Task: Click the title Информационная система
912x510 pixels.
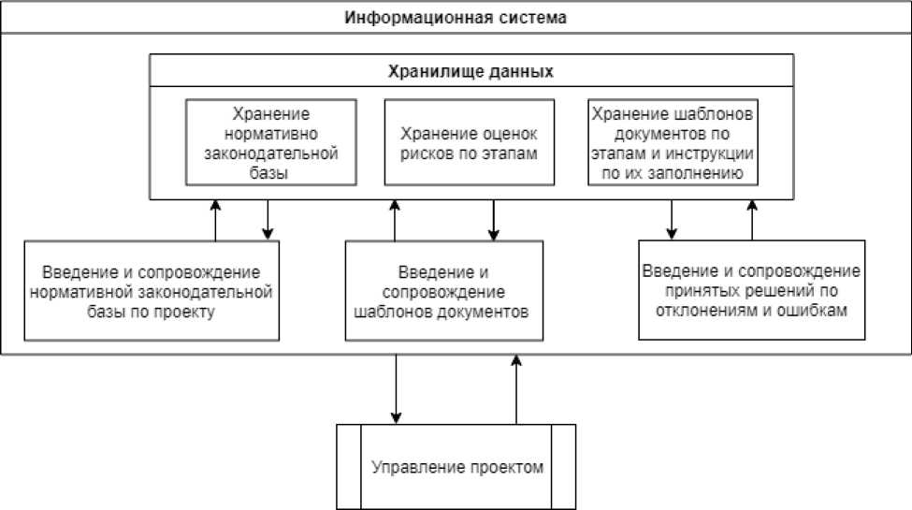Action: point(456,17)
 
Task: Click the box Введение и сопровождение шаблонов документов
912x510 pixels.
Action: point(443,291)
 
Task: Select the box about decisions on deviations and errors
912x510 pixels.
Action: point(752,291)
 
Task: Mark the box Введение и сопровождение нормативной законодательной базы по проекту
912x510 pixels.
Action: point(151,291)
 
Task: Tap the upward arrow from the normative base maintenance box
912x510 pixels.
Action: point(215,219)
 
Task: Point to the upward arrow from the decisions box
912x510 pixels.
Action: point(750,219)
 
